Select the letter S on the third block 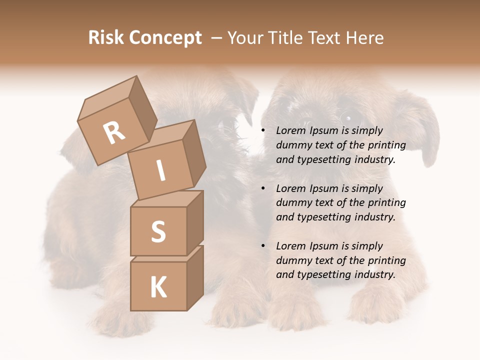158,231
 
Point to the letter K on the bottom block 158,287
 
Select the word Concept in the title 165,38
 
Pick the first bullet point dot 263,131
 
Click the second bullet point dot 263,189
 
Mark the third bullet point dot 263,246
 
